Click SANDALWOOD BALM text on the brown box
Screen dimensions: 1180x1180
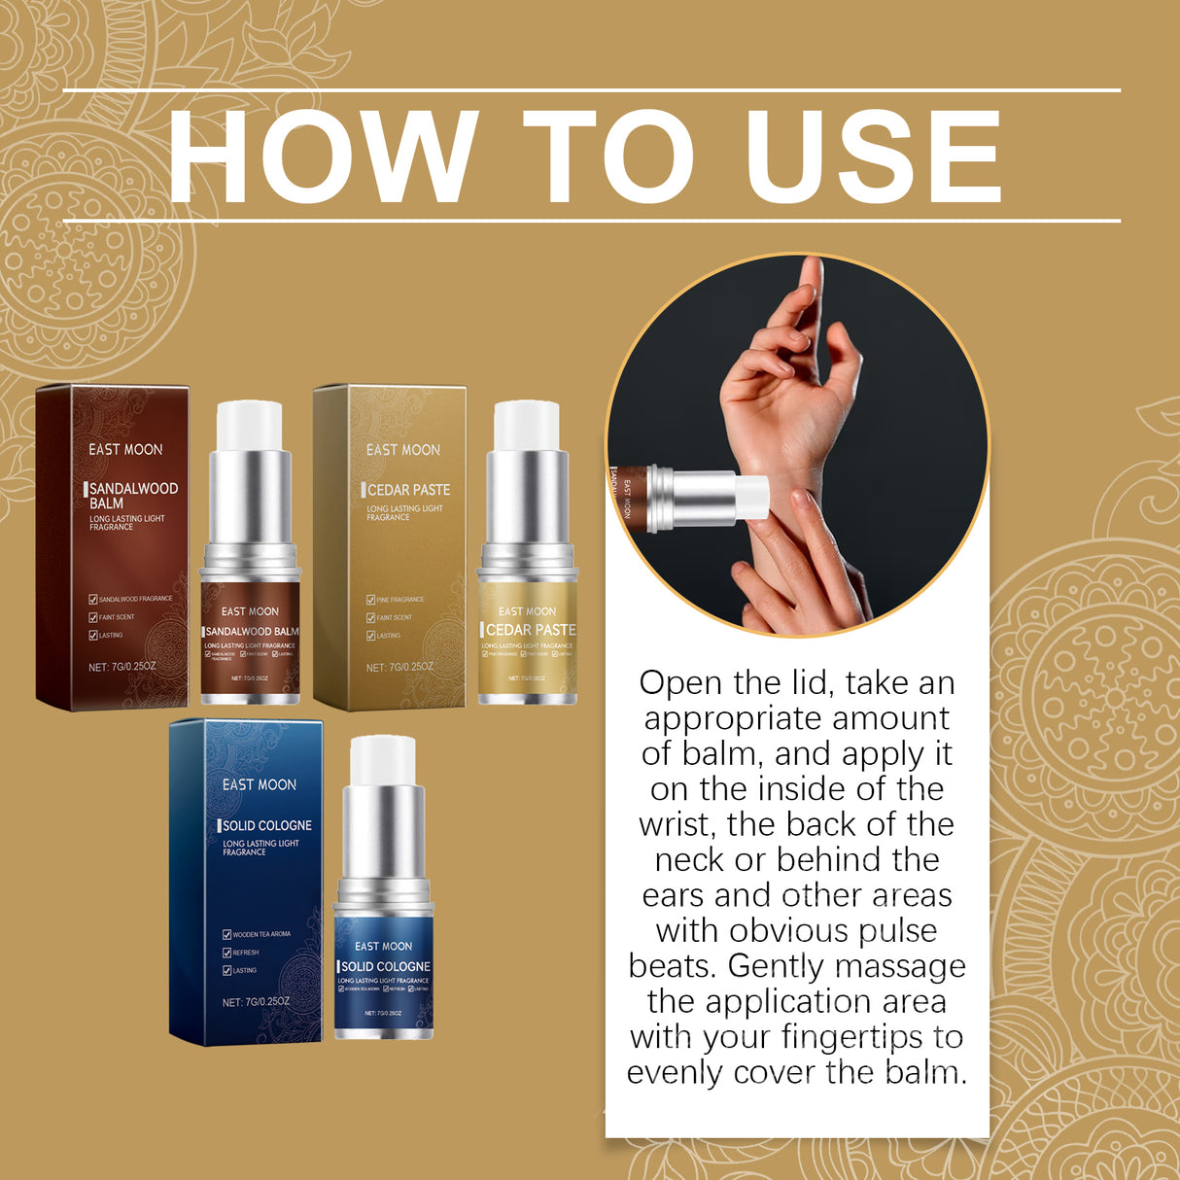pos(133,496)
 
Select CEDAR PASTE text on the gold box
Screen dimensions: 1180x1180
pos(408,490)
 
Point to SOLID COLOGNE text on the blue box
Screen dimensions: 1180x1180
pos(266,825)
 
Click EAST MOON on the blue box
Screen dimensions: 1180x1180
pos(259,784)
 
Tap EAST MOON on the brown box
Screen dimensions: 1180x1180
pos(125,449)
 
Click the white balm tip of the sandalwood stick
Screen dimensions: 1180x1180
pos(250,426)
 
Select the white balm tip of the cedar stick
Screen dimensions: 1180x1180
pos(527,426)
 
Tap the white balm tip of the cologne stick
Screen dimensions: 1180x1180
pos(383,760)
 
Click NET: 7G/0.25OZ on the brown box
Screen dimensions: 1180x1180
pos(121,667)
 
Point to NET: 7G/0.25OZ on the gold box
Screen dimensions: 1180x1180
pos(399,668)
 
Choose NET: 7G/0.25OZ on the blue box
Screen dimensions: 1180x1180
pos(256,1002)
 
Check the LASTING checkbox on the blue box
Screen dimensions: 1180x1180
pos(226,970)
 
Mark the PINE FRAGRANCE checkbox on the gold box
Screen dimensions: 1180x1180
pos(370,600)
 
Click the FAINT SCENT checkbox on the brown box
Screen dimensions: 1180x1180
pos(93,617)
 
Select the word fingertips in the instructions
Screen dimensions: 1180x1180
pos(841,1037)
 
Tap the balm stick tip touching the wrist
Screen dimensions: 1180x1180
pos(752,495)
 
